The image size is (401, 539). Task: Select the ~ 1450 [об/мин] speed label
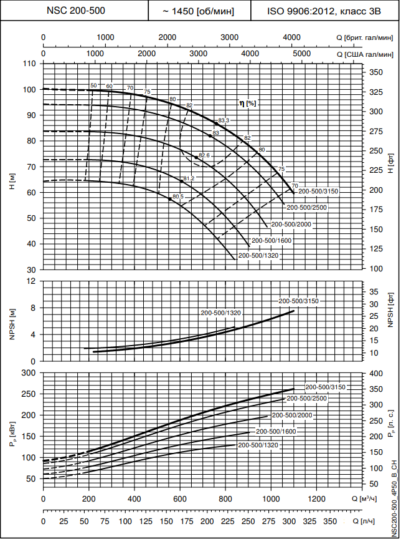(198, 11)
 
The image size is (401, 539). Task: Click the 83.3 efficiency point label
(224, 120)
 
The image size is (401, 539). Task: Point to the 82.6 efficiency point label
(205, 155)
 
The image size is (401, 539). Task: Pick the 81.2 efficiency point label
(189, 178)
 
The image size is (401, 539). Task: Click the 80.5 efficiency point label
(179, 197)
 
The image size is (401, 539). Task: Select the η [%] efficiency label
(248, 103)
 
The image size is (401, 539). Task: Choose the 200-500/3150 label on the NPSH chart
(299, 301)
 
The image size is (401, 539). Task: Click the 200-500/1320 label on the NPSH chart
(221, 313)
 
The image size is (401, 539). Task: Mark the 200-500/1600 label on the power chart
(276, 431)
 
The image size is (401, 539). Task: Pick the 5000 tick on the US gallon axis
(301, 54)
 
